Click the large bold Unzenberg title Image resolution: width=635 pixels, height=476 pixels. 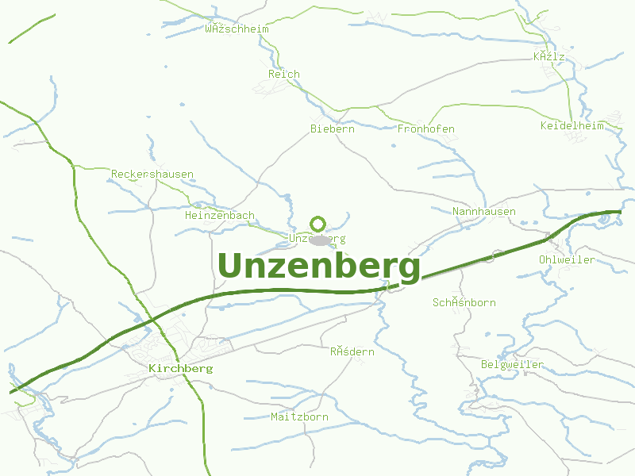[x=318, y=267]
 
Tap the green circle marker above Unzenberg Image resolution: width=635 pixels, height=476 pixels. [x=318, y=224]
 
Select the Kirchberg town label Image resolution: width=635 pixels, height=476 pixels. [x=180, y=369]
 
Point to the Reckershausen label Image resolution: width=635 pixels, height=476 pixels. [x=152, y=174]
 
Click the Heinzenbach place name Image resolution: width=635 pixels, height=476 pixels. [x=219, y=215]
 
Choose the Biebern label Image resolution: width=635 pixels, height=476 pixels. [x=332, y=129]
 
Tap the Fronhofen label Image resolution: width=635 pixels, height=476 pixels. [x=425, y=129]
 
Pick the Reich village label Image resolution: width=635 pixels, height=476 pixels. [x=284, y=74]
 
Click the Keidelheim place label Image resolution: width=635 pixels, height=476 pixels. [x=571, y=125]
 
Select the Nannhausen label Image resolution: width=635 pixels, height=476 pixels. [x=484, y=211]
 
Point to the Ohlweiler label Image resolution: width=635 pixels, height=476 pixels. [x=567, y=259]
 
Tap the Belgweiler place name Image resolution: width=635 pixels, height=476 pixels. [x=513, y=364]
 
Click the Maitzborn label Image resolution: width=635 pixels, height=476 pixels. [x=299, y=416]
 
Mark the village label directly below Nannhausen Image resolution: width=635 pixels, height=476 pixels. [x=464, y=302]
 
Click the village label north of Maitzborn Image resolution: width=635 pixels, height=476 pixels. [x=352, y=351]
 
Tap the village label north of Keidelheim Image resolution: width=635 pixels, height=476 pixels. [x=549, y=56]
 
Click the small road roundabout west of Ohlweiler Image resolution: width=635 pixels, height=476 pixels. [x=498, y=255]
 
